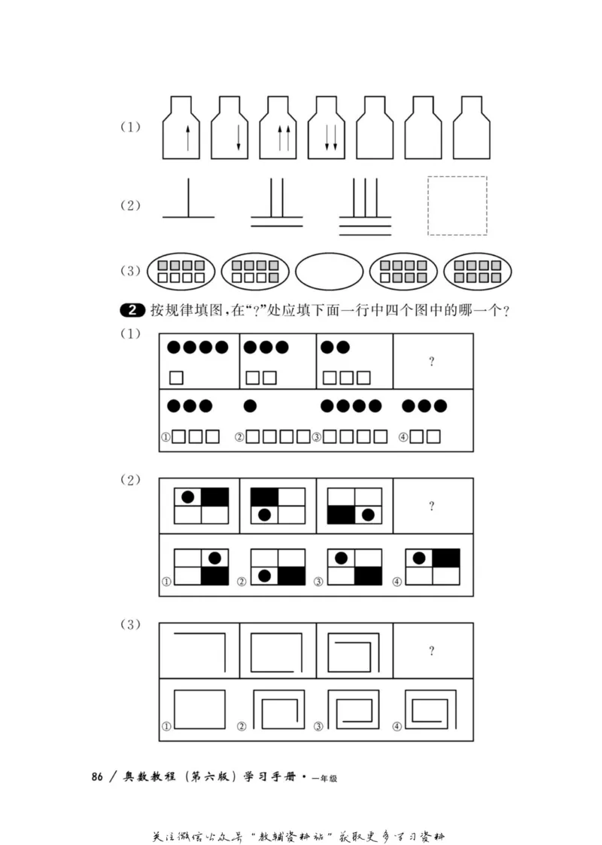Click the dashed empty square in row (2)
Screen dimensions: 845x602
click(457, 205)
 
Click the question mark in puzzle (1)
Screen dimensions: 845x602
click(432, 362)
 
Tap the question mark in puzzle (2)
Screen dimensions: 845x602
click(432, 506)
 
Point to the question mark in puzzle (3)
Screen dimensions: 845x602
click(432, 651)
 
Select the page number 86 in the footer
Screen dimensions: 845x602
click(97, 777)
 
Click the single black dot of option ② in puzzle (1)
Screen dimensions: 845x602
click(251, 406)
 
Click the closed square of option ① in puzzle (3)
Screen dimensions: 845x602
click(199, 710)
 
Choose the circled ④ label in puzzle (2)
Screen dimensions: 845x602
click(399, 581)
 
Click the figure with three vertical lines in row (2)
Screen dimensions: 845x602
click(365, 205)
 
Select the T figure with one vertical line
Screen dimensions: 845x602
click(188, 199)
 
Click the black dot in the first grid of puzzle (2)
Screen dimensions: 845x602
click(187, 497)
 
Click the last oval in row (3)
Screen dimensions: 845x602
click(478, 272)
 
